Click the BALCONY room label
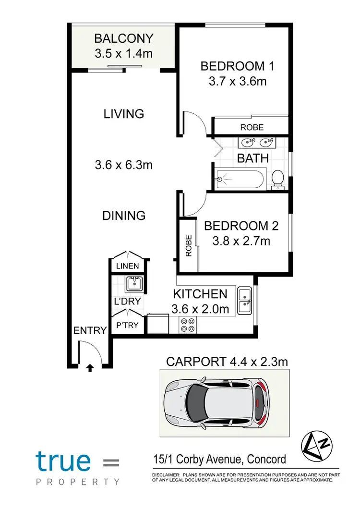123,38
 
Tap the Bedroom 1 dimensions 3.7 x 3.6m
237,81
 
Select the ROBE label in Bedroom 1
252,127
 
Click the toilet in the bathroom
278,180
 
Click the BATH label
253,158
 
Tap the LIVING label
123,114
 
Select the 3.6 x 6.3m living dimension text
123,165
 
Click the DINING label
123,216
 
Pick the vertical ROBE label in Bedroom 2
188,245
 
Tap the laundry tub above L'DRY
134,284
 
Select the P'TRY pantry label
127,325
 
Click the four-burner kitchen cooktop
187,325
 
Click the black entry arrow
89,368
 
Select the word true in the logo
63,461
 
